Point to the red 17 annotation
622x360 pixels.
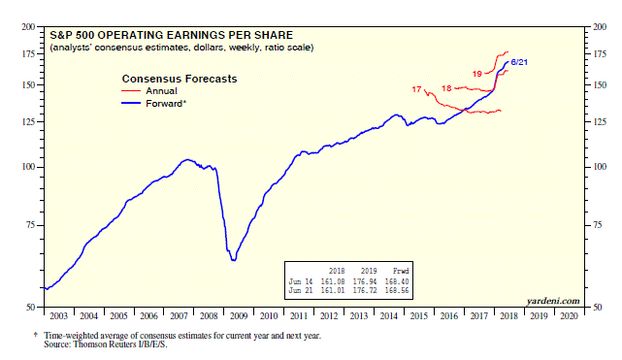coord(417,90)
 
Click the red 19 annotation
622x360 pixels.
coord(478,74)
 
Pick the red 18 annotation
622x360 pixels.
coord(447,88)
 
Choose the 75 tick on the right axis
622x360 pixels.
coord(600,225)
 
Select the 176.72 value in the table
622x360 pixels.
coord(367,289)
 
